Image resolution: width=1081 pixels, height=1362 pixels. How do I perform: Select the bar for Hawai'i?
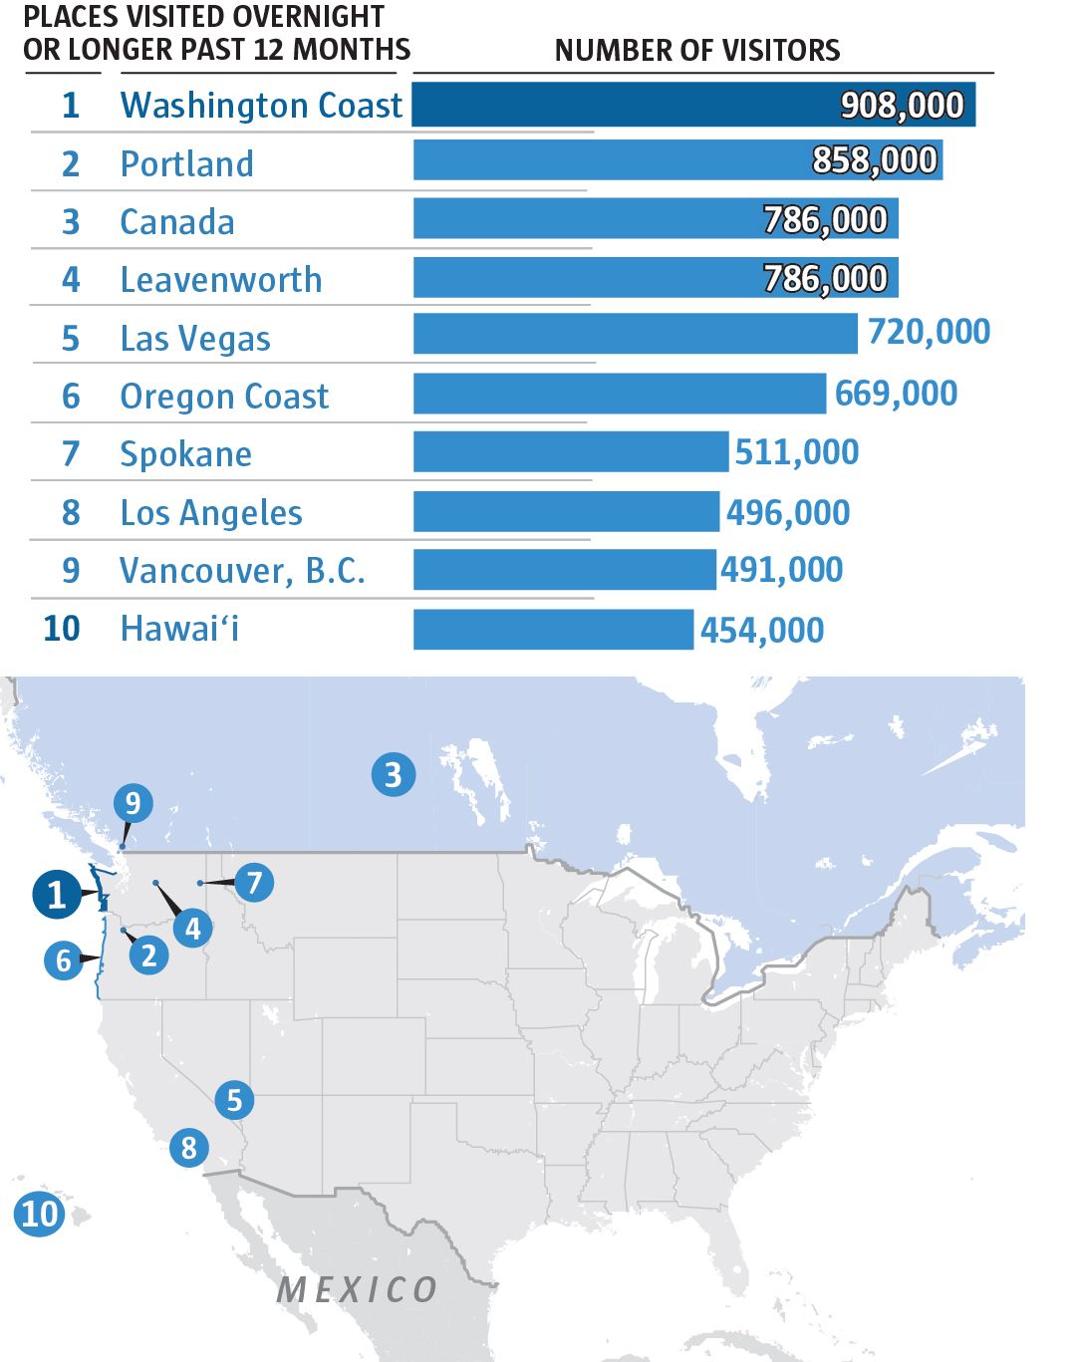coord(553,630)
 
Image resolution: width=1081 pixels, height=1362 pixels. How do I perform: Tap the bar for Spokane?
coord(570,452)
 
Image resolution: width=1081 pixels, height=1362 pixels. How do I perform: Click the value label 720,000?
coord(929,332)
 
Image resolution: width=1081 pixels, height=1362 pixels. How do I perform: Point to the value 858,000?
coord(875,160)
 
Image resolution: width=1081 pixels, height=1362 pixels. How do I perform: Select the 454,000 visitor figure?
coord(762,631)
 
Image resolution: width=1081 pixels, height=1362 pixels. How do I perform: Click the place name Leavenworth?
coord(221,280)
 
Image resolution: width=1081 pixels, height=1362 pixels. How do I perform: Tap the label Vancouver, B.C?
coord(242,570)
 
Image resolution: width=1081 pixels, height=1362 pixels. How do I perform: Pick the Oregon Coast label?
coord(224,397)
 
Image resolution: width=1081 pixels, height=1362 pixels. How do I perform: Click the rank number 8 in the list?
coord(71,512)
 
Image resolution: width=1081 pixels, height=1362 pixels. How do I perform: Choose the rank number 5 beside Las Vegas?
coord(71,339)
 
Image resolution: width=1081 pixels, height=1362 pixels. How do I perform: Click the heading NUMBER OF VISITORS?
coord(697,50)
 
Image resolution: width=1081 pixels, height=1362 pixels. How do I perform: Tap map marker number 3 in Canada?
coord(393,774)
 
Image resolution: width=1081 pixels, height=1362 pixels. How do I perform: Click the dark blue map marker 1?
coord(57,894)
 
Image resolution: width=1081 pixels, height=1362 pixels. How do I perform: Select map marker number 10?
coord(40,1214)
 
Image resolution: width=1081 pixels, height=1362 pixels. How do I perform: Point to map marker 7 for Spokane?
coord(254,882)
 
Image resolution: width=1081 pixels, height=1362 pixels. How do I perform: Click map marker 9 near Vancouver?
coord(133,802)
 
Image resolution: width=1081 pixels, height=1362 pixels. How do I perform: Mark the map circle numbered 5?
coord(234,1100)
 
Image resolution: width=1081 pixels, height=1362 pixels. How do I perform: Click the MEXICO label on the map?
coord(357,1290)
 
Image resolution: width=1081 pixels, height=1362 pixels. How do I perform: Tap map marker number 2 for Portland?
coord(148,955)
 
